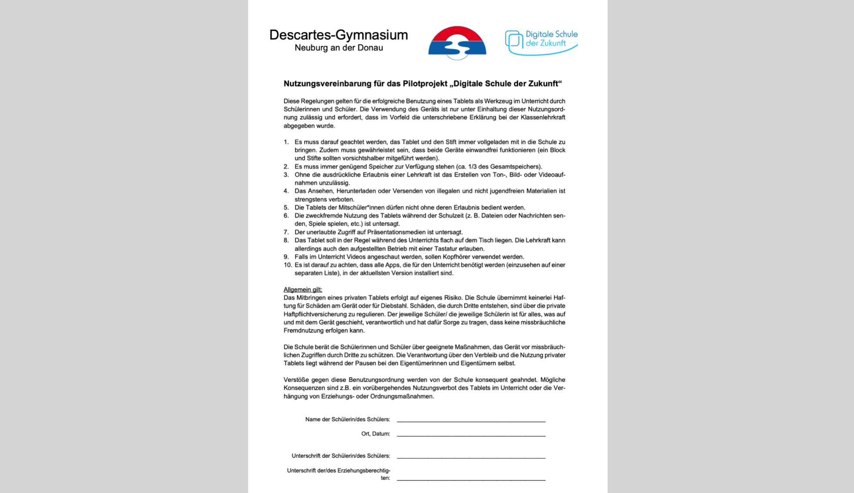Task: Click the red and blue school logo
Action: (x=457, y=43)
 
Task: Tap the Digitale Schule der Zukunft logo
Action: (x=541, y=42)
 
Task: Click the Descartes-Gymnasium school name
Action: (x=338, y=35)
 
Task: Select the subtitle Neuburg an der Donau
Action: (x=339, y=48)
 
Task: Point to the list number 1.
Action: (x=286, y=142)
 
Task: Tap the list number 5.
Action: (x=286, y=208)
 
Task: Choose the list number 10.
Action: (x=287, y=265)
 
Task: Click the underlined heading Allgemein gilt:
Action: (x=303, y=290)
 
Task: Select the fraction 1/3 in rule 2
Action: (x=473, y=167)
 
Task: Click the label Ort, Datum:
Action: (x=376, y=434)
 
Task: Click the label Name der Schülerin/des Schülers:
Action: (x=347, y=420)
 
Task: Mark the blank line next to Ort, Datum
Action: (x=471, y=435)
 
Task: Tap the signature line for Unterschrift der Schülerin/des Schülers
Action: (x=471, y=457)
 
